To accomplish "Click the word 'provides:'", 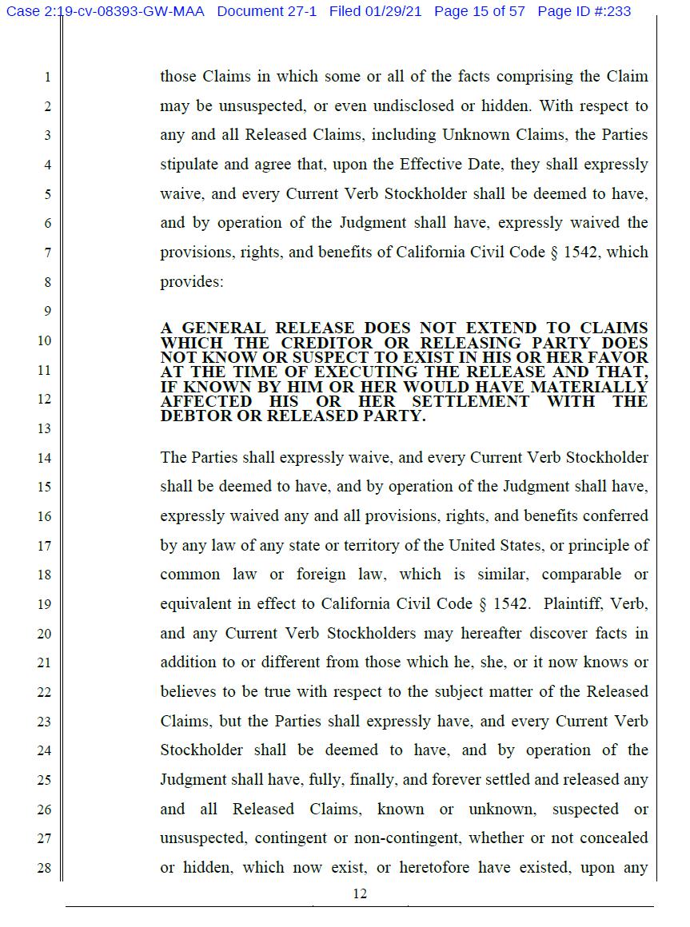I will (x=191, y=281).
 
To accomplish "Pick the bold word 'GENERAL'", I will (x=224, y=328).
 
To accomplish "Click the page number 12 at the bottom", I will (x=360, y=893).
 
